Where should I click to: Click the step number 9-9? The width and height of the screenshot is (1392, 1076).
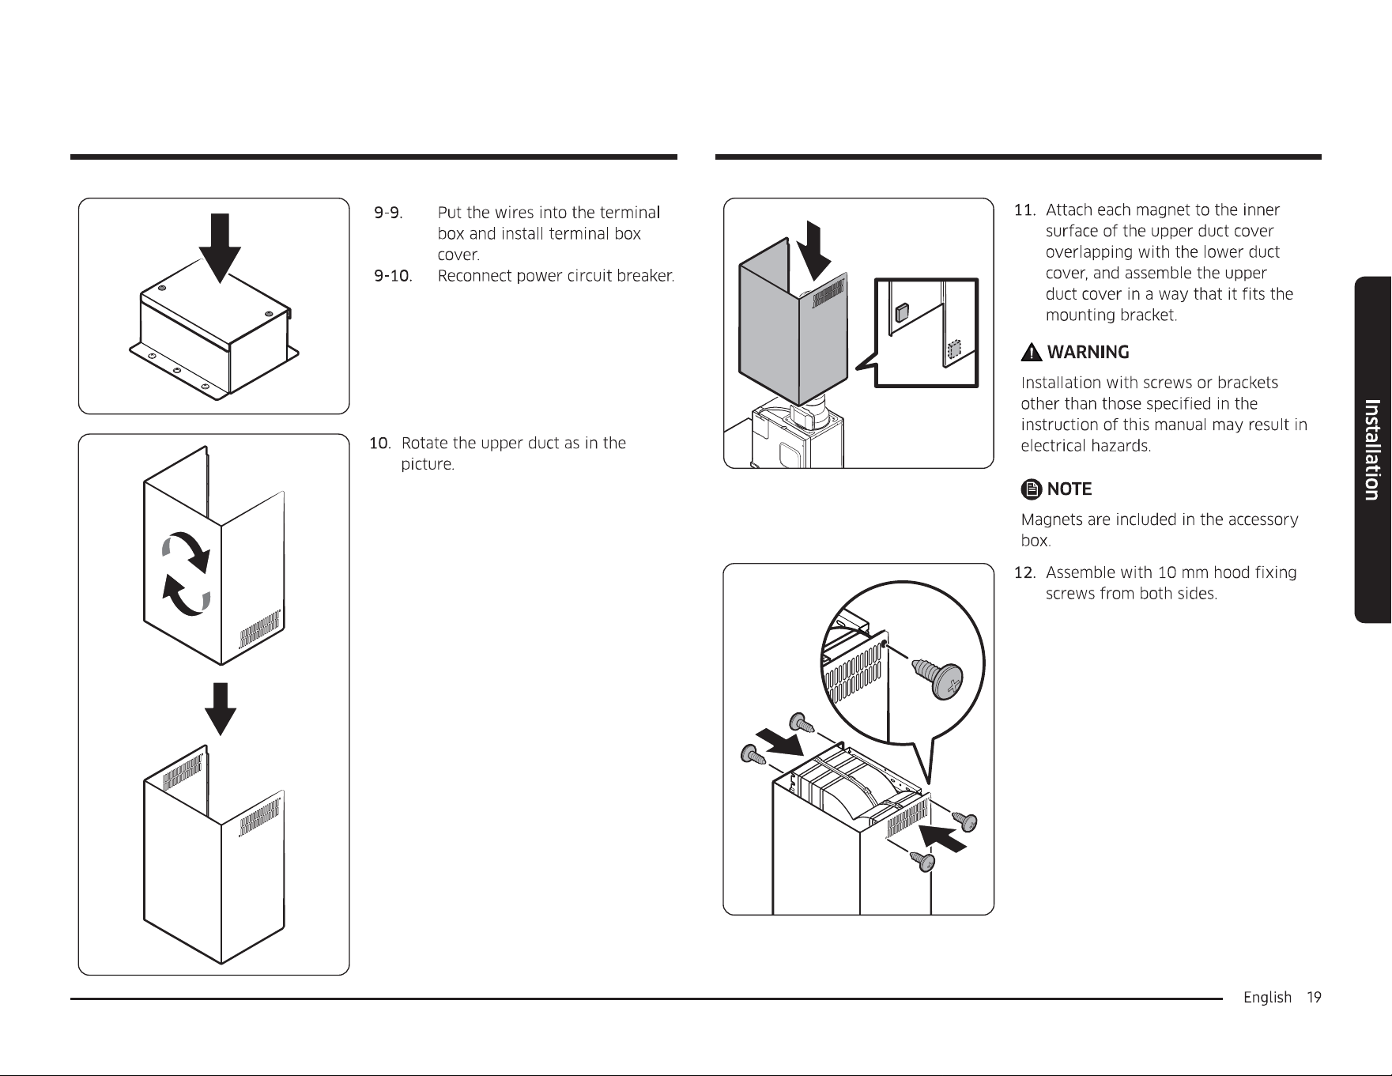coord(387,213)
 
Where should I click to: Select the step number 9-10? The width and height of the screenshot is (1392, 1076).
coord(393,276)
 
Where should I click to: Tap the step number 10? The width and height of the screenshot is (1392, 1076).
coord(380,443)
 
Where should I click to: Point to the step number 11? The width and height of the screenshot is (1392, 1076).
coord(1024,210)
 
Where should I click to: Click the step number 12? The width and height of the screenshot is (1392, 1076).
coord(1024,572)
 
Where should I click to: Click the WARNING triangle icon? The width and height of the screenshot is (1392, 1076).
coord(1031,352)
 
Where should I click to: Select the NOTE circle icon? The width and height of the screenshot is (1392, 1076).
coord(1031,489)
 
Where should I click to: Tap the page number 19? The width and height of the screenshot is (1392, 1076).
coord(1314,998)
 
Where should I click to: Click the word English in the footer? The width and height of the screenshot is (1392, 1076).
coord(1267,999)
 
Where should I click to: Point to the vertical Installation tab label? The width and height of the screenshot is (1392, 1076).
coord(1373,450)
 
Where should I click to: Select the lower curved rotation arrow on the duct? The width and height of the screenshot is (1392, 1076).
coord(187,595)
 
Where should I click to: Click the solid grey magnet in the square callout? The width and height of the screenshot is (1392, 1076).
coord(901,312)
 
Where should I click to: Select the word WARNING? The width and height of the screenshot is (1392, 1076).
coord(1088,352)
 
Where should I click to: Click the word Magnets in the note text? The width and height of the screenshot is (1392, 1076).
coord(1052,519)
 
